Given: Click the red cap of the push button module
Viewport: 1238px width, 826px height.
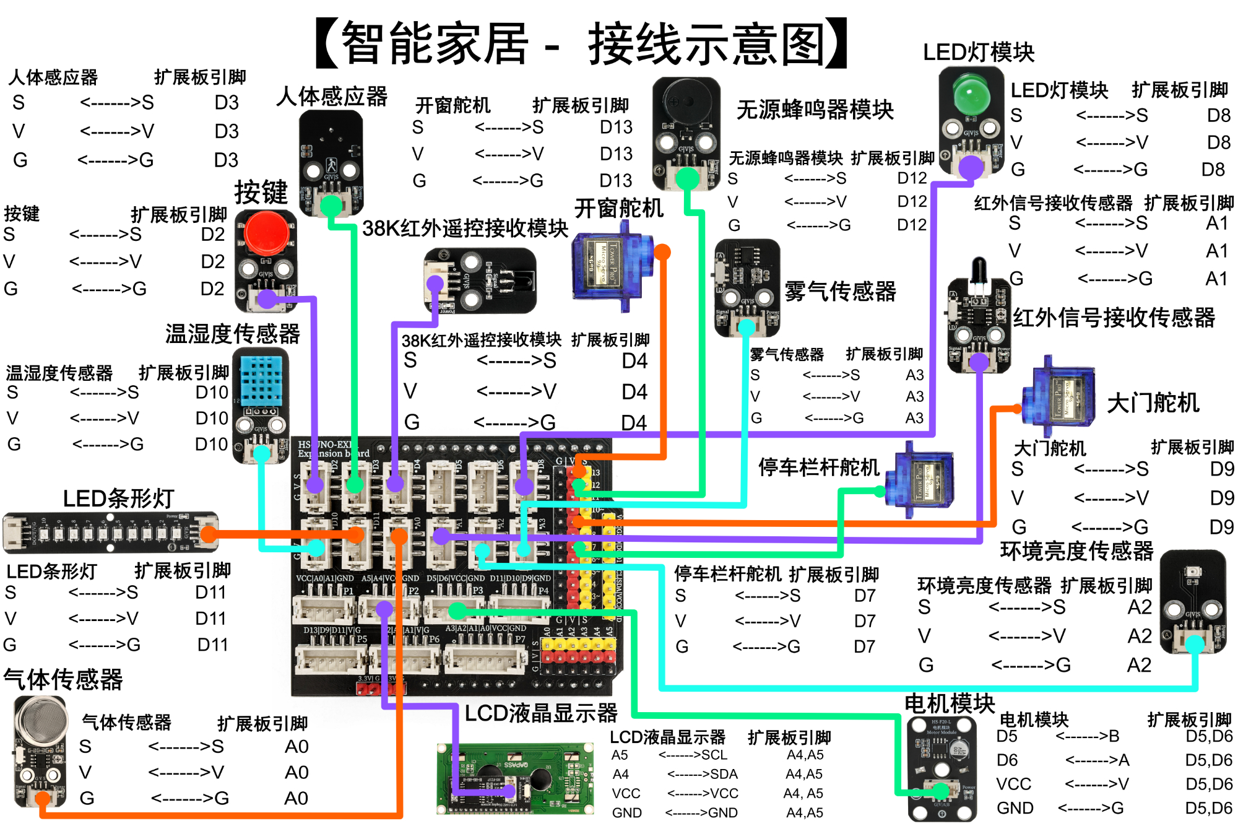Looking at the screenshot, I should click(266, 233).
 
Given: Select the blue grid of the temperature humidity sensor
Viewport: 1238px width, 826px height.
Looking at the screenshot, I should click(260, 380).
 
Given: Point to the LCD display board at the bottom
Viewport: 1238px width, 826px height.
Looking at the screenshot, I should click(515, 778).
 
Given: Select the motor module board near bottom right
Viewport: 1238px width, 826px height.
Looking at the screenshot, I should click(941, 768).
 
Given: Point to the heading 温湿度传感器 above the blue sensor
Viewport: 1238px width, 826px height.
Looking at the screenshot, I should click(232, 334).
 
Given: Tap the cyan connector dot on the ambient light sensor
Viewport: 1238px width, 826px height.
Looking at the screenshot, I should click(1194, 644).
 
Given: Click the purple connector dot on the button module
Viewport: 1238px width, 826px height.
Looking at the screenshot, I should click(267, 299).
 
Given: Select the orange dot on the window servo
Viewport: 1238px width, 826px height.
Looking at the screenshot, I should click(662, 252).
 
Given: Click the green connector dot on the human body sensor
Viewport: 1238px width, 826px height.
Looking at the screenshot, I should click(331, 205).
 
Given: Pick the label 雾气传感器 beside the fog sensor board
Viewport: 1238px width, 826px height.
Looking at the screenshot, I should click(840, 291).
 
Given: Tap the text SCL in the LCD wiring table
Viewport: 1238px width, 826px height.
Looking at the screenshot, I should click(714, 755).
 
